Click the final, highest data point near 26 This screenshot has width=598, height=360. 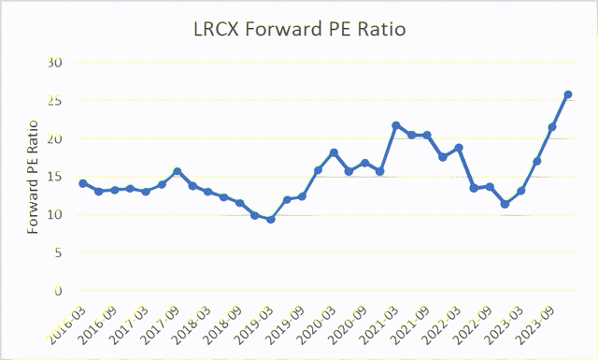point(567,94)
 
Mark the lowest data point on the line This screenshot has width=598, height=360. point(271,219)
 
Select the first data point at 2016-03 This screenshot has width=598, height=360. point(83,183)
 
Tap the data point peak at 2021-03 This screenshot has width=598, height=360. point(396,125)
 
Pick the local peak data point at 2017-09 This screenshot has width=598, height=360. point(177,171)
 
